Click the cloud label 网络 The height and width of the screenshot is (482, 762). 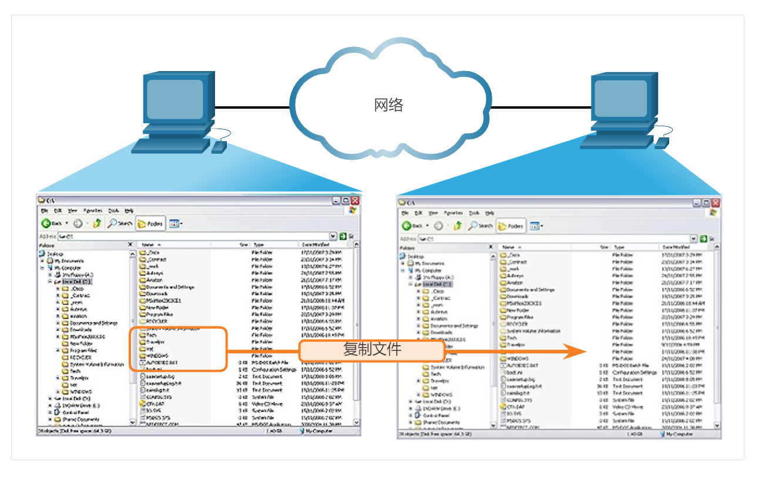388,105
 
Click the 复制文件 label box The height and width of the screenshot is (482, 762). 372,350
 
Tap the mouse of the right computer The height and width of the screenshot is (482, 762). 662,142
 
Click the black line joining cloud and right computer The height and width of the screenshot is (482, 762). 541,107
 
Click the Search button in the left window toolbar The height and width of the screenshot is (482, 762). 120,224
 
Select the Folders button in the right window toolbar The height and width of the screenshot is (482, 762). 511,226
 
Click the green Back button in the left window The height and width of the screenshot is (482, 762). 52,224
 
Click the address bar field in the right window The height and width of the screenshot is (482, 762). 552,239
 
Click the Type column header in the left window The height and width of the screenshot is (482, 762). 259,244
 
